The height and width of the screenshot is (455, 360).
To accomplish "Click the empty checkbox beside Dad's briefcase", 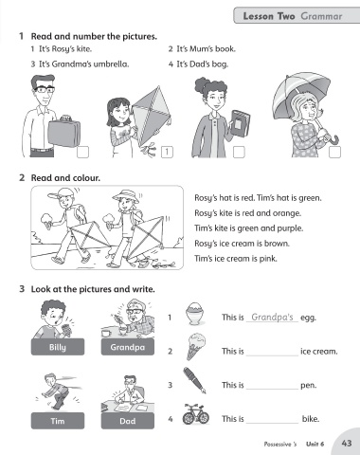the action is pos(82,152).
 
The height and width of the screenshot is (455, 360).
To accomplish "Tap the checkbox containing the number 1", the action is pos(167,152).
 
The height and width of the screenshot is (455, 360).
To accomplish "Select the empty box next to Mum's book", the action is pos(239,152).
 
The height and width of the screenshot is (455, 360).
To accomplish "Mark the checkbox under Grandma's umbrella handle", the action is pos(334,152).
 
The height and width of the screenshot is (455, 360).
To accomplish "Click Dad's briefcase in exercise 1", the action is pos(64,132).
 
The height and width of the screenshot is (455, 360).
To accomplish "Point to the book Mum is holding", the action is pos(240,123).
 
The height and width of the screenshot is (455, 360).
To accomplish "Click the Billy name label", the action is pos(58,347).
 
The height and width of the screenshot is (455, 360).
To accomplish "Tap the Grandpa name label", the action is pos(128,347).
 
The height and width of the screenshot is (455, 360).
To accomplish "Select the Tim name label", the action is pos(58,421).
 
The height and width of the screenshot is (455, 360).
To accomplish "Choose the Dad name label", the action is pos(128,421).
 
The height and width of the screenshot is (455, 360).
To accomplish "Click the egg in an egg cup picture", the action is pos(195,313).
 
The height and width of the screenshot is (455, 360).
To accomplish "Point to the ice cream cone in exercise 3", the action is pos(196,346).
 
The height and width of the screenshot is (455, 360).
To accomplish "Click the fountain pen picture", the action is pos(194,380).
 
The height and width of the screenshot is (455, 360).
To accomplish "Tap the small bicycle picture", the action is pos(196,414).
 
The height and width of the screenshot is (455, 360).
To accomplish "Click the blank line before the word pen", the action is pos(272,390).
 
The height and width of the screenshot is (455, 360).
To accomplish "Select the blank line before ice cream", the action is pos(272,355).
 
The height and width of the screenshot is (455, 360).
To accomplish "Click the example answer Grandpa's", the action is pos(272,317).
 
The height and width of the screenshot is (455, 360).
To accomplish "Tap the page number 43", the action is pos(347,443).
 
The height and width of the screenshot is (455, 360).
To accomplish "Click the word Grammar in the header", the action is pos(321,16).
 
